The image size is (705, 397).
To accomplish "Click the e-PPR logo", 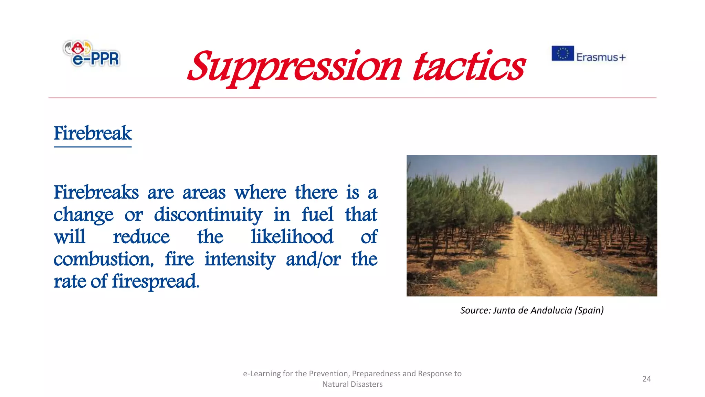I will [x=92, y=54].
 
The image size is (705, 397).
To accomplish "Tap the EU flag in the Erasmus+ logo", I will [x=562, y=53].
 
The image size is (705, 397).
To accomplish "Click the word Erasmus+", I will [x=601, y=57].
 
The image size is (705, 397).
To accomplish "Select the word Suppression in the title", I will [x=294, y=67].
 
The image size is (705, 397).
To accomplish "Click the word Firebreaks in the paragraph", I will [x=96, y=192].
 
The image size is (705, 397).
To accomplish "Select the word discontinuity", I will [x=208, y=215].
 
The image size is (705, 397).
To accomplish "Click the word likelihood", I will [x=292, y=237].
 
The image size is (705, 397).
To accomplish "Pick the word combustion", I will [x=103, y=259].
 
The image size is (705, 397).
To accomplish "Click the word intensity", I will [x=240, y=259].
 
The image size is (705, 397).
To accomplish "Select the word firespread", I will [x=155, y=282].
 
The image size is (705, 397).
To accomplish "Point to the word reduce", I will [x=141, y=237].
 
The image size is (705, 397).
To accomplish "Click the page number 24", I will [x=646, y=379].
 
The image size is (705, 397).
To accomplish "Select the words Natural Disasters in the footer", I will [x=352, y=384].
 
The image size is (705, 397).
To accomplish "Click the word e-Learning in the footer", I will [x=262, y=374].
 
